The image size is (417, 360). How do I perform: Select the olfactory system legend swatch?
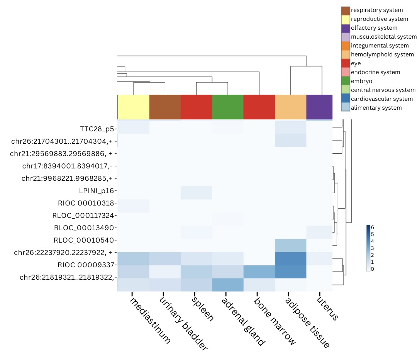[x=346, y=28]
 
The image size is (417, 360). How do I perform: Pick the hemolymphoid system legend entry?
[x=382, y=54]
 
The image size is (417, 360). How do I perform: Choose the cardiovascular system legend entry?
[x=381, y=99]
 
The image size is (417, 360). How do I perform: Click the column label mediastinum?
[x=150, y=320]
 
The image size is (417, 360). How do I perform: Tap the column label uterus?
[x=328, y=309]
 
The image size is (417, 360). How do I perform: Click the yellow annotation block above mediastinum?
[x=134, y=107]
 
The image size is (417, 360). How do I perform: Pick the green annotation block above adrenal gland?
[x=228, y=107]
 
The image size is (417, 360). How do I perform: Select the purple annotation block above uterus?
[x=319, y=107]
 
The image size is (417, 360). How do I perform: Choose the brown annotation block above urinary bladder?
[x=165, y=107]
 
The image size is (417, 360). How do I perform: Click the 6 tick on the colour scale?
[x=372, y=227]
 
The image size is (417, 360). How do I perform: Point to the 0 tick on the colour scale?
[x=372, y=269]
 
